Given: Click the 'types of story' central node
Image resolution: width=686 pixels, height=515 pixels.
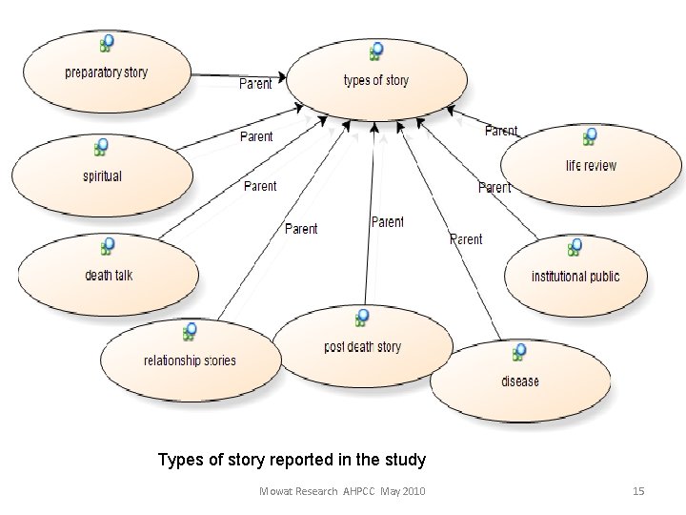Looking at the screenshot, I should pyautogui.click(x=375, y=80).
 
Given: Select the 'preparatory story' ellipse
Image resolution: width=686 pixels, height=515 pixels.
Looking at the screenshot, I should pyautogui.click(x=106, y=72).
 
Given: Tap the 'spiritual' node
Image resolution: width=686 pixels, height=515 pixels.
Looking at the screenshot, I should pyautogui.click(x=102, y=176).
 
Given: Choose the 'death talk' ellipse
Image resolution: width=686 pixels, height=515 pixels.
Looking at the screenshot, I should pyautogui.click(x=109, y=276).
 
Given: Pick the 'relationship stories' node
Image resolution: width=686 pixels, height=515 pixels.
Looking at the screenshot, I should pyautogui.click(x=190, y=360).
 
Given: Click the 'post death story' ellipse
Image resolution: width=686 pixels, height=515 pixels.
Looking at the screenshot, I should pyautogui.click(x=362, y=347).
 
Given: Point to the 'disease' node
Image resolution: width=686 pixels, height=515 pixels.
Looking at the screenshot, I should pyautogui.click(x=519, y=381).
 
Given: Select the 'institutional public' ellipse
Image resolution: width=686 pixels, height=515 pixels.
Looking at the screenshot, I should pyautogui.click(x=575, y=277).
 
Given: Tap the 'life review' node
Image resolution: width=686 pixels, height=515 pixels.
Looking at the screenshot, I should pyautogui.click(x=591, y=166).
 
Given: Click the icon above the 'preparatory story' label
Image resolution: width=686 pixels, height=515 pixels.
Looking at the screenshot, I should pyautogui.click(x=106, y=43).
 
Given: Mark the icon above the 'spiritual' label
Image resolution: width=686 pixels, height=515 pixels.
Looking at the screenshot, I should pyautogui.click(x=101, y=147).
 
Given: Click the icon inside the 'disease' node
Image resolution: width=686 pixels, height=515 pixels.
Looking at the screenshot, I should pyautogui.click(x=519, y=353).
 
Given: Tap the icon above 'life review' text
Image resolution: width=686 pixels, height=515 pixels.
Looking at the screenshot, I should pyautogui.click(x=591, y=136).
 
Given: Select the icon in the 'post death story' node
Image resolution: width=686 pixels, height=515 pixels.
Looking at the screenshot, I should pyautogui.click(x=362, y=318).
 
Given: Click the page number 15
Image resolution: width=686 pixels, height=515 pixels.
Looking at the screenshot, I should pyautogui.click(x=639, y=491).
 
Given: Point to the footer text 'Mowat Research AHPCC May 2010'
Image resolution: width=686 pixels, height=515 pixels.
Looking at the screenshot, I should pyautogui.click(x=343, y=491).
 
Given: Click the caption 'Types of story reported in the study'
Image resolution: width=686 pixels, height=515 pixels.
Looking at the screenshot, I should pyautogui.click(x=292, y=461).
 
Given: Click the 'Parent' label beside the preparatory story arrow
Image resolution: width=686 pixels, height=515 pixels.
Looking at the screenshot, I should pyautogui.click(x=254, y=84).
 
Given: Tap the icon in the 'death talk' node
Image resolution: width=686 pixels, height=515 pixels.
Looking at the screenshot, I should pyautogui.click(x=109, y=246).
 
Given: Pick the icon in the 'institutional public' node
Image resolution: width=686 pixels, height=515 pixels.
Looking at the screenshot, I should pyautogui.click(x=575, y=248).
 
